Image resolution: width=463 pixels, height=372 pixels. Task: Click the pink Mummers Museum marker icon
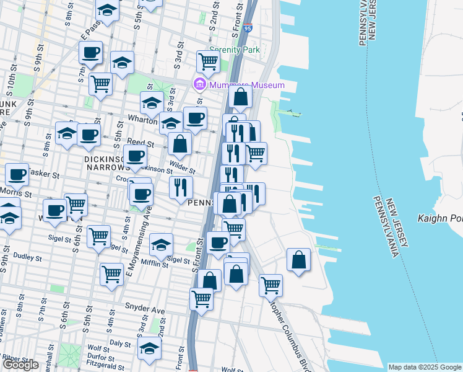click(x=200, y=84)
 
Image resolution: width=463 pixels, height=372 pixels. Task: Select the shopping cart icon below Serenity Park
click(x=208, y=61)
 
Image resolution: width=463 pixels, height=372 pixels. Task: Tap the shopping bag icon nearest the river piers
click(x=298, y=260)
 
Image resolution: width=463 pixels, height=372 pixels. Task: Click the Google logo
click(x=20, y=365)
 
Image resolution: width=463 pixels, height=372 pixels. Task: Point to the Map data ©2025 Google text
click(x=425, y=367)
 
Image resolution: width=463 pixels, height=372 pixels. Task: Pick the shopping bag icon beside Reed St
click(x=180, y=144)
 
